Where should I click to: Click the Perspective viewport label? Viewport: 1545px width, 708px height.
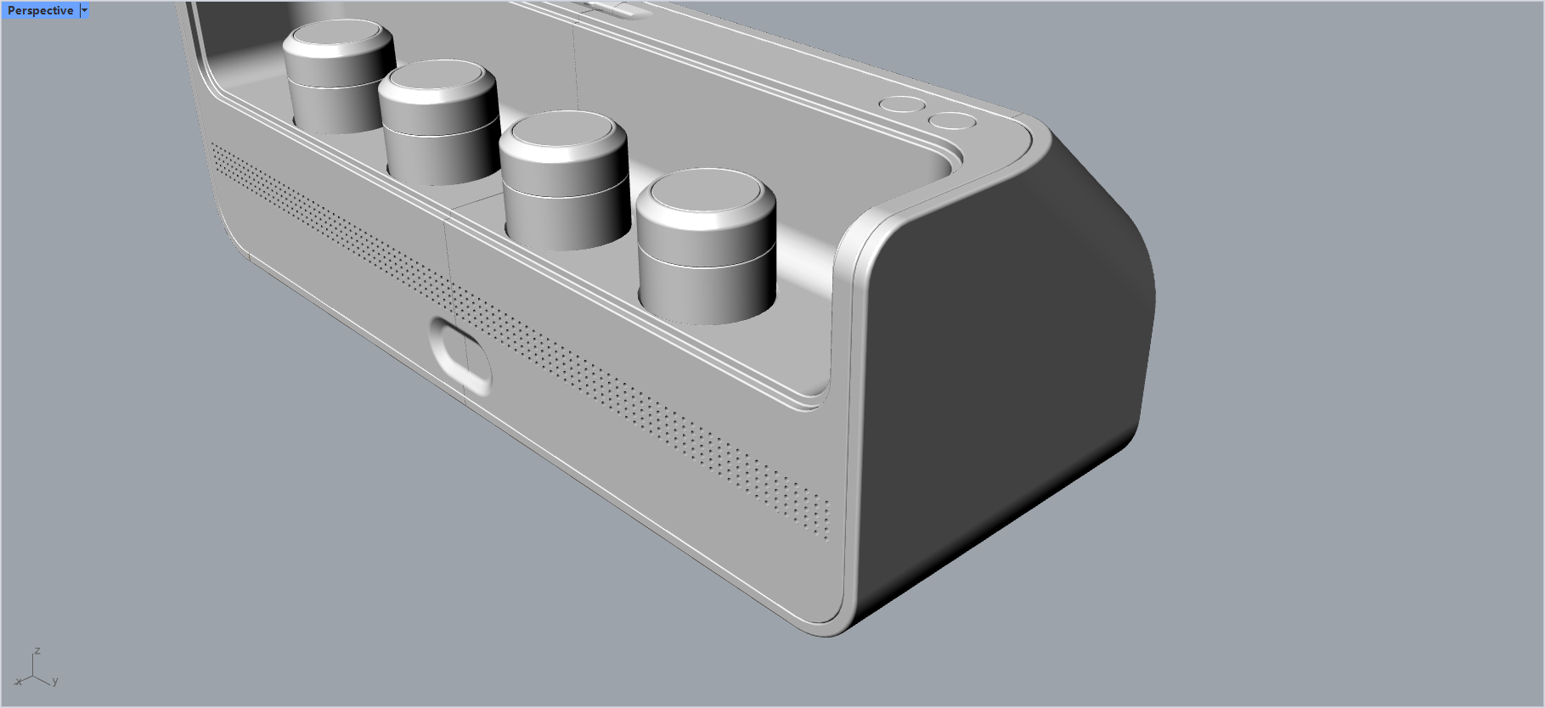pyautogui.click(x=40, y=11)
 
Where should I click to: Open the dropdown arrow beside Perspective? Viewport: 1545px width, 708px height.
pyautogui.click(x=84, y=11)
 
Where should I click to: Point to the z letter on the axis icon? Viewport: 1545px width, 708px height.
pyautogui.click(x=37, y=651)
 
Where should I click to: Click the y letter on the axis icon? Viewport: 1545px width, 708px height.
pyautogui.click(x=55, y=681)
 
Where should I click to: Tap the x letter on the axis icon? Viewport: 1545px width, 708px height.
pyautogui.click(x=19, y=681)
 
